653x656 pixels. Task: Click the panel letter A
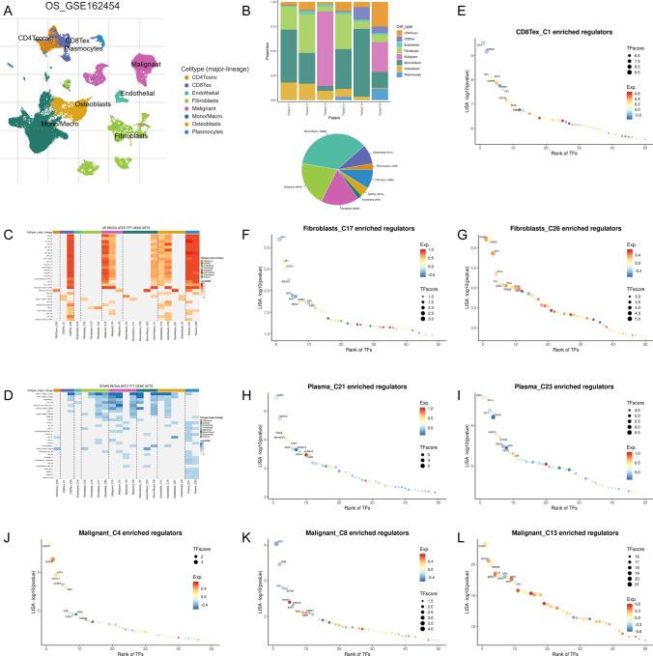(x=7, y=12)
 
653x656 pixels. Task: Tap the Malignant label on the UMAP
(x=145, y=63)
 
